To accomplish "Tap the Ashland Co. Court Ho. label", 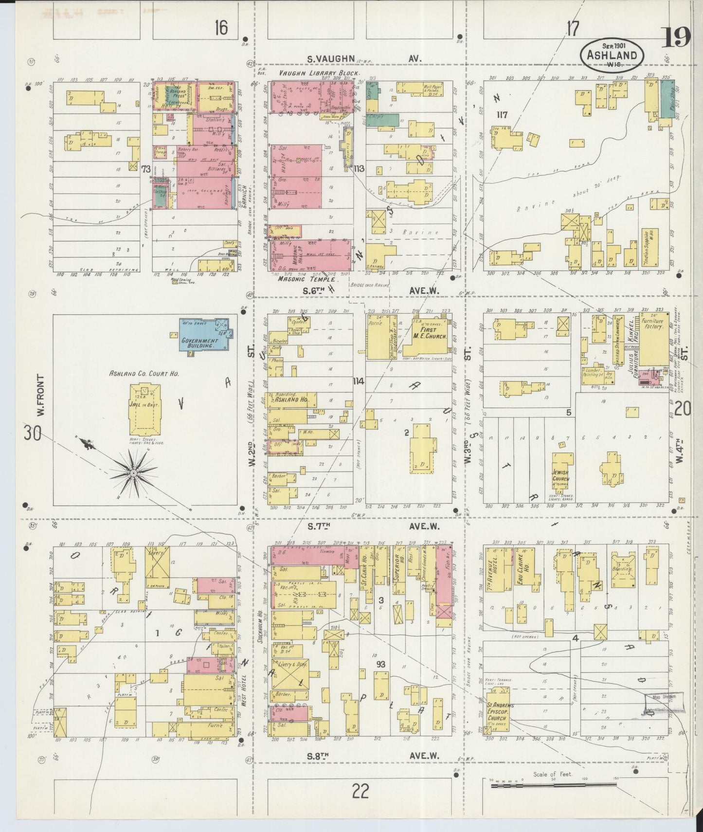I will tap(145, 374).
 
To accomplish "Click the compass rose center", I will tap(133, 472).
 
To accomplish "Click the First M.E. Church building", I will tap(428, 336).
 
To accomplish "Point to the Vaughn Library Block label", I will tap(319, 73).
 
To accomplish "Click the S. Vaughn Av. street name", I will tap(363, 58).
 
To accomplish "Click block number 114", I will tap(359, 381).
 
